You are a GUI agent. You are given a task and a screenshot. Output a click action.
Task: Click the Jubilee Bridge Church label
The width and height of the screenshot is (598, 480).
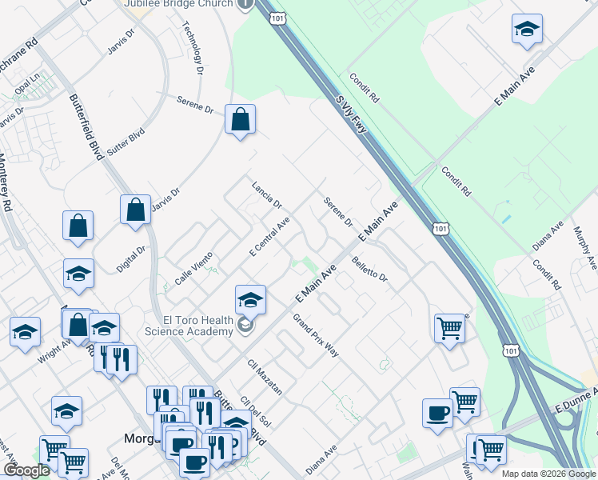(178, 4)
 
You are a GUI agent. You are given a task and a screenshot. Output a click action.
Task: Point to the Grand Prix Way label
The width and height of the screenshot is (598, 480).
(316, 335)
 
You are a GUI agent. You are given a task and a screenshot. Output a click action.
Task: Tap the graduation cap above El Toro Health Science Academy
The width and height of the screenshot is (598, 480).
(250, 299)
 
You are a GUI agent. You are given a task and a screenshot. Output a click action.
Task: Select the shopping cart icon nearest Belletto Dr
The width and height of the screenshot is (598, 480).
(449, 326)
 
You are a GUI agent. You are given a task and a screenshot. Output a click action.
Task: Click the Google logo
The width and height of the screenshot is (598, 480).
(26, 470)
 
